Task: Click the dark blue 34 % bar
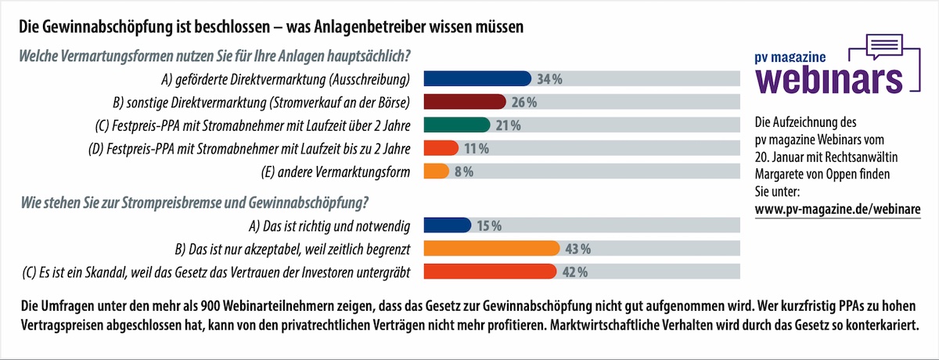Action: point(477,78)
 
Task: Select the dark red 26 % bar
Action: point(465,102)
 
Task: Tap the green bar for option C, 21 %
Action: point(457,125)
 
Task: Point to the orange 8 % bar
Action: point(436,172)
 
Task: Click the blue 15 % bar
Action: point(446,226)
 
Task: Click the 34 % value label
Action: point(551,79)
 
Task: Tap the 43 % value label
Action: point(577,250)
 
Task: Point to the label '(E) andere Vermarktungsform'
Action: point(336,172)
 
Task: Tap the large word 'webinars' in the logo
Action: point(829,78)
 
